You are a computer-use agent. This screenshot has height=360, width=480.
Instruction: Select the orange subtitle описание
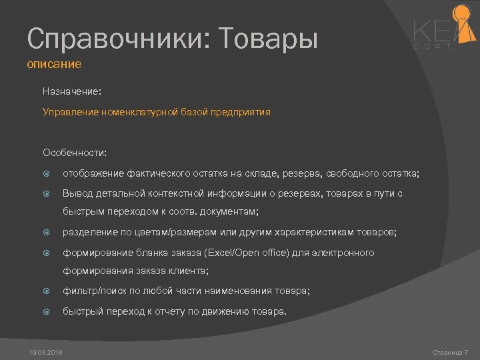(54, 65)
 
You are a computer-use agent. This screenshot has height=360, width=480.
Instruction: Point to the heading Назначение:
(71, 90)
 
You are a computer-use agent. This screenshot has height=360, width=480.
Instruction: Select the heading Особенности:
(74, 153)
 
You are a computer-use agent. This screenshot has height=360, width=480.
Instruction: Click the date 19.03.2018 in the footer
(45, 352)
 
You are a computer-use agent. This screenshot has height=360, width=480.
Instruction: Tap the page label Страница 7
(450, 352)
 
